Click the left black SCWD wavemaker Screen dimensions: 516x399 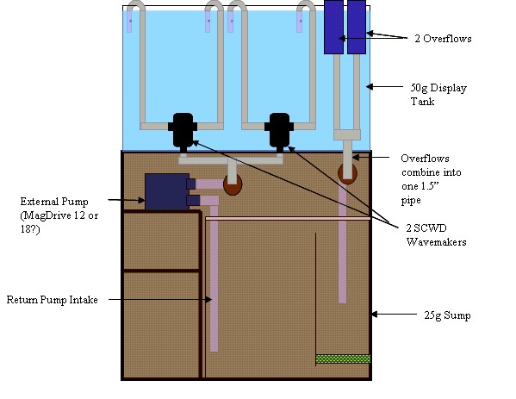click(183, 130)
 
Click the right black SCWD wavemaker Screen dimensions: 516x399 click(279, 130)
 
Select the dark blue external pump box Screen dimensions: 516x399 click(167, 191)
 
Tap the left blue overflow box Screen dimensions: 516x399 click(333, 27)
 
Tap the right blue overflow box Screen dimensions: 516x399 click(357, 27)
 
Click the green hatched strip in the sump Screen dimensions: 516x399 click(343, 358)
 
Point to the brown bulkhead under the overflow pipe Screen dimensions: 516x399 click(347, 174)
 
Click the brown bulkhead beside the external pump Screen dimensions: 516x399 click(233, 185)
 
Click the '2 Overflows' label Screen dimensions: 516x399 click(443, 39)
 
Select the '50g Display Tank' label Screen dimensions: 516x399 click(438, 95)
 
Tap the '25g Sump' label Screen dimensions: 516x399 click(447, 315)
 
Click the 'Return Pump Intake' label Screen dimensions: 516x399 click(52, 300)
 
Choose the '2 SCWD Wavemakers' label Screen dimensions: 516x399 click(437, 235)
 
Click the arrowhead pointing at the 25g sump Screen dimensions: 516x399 click(375, 315)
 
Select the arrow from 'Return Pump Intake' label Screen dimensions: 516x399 click(160, 299)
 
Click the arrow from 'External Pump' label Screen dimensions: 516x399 click(127, 200)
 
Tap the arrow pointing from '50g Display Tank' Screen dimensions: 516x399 click(384, 87)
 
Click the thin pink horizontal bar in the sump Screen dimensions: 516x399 click(288, 219)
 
